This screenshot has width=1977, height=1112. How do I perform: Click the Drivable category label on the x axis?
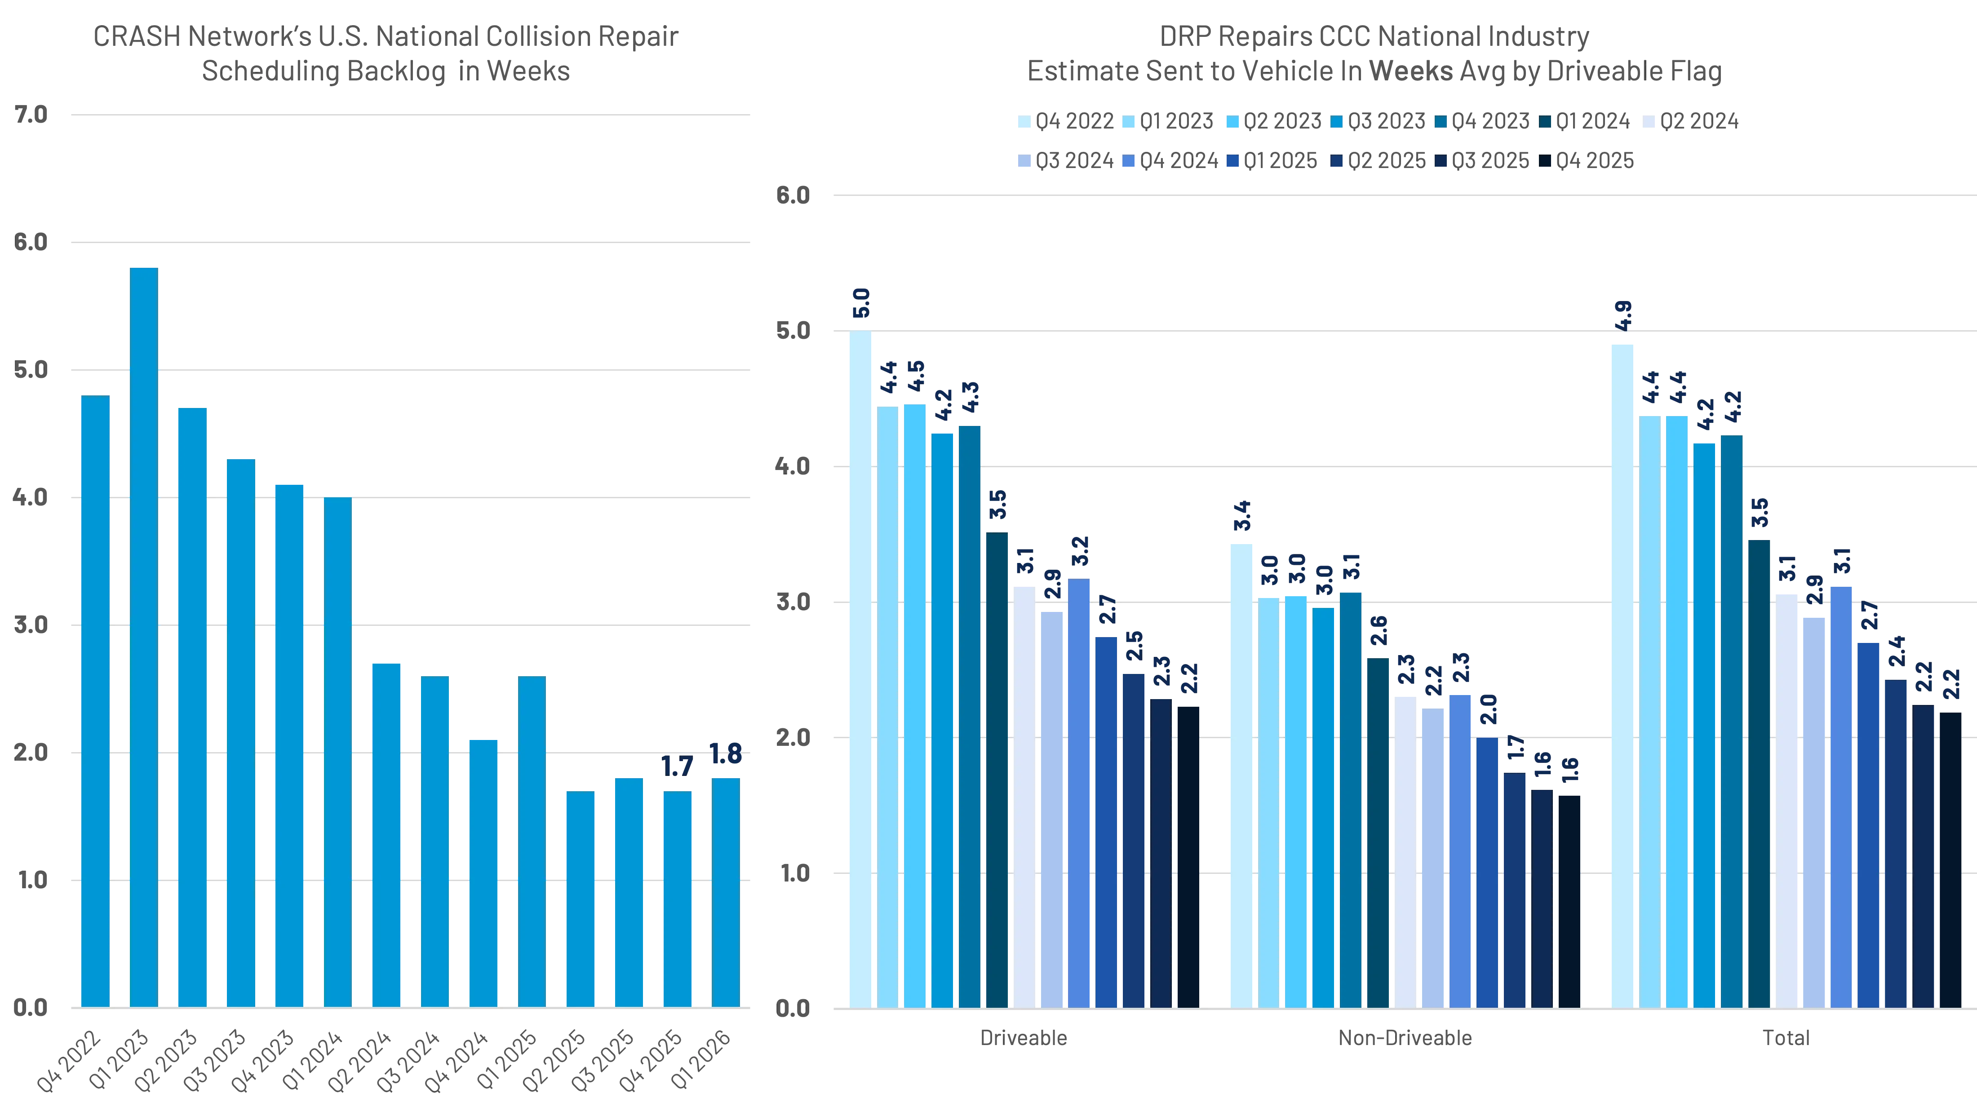point(1024,1037)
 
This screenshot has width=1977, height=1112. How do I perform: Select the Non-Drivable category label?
point(1405,1037)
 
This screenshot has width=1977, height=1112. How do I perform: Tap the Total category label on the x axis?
point(1785,1037)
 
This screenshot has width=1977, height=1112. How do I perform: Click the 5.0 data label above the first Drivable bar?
point(861,304)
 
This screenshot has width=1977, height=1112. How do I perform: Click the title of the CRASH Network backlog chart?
point(385,54)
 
